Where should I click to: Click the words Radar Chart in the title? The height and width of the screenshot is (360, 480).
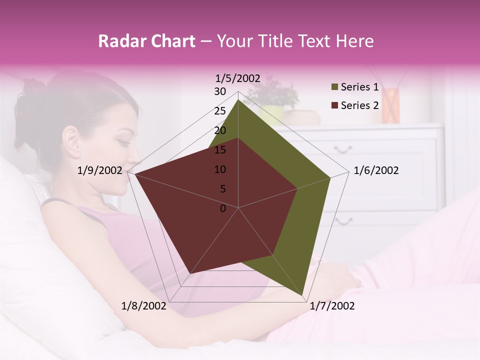click(146, 41)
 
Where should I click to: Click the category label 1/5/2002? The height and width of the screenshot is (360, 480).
click(238, 78)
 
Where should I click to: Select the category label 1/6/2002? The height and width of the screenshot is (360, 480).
click(376, 171)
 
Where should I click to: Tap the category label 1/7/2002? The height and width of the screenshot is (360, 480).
click(332, 306)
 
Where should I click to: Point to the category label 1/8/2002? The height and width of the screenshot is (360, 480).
click(144, 306)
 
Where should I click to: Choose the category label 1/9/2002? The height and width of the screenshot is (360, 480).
click(100, 171)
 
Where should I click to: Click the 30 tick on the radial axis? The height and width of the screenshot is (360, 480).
click(220, 91)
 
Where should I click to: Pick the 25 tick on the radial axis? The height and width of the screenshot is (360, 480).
click(220, 111)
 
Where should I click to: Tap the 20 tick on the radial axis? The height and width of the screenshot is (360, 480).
click(220, 130)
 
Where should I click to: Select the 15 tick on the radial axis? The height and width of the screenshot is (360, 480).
click(220, 150)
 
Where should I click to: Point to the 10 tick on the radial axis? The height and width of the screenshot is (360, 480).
click(220, 169)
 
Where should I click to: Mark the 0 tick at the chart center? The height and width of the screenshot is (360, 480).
click(223, 208)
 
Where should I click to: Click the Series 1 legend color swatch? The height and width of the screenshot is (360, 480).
click(334, 87)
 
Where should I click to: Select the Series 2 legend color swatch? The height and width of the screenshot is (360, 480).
click(334, 105)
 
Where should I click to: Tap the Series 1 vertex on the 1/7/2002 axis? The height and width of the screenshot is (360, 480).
click(302, 295)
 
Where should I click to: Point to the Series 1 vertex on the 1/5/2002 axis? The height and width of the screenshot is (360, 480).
click(238, 100)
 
